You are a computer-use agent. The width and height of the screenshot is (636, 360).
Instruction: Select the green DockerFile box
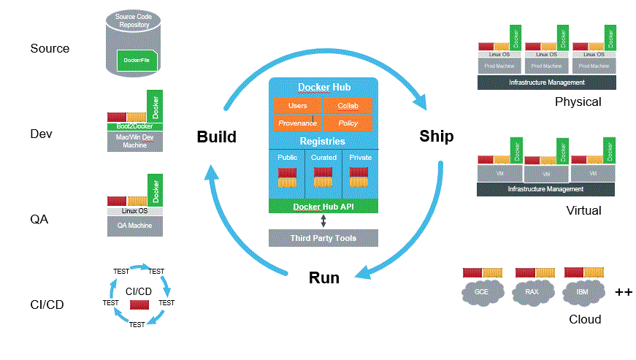[137, 60]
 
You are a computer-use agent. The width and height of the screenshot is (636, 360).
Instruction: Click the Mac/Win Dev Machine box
[134, 141]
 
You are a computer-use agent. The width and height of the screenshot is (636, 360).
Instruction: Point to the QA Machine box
[134, 226]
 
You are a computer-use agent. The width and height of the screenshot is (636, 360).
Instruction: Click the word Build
[216, 137]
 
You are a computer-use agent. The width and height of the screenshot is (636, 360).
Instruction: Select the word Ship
[436, 137]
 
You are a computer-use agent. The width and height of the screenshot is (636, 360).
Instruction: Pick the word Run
[324, 277]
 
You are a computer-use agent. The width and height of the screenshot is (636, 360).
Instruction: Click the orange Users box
[297, 106]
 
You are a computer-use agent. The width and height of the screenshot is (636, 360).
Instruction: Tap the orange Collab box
[348, 106]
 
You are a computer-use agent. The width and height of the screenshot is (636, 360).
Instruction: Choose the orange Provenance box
[297, 123]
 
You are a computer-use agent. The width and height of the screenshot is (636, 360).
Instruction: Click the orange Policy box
[348, 123]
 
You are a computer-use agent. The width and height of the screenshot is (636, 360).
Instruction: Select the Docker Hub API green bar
[323, 207]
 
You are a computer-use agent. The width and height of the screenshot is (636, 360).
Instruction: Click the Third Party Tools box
[323, 238]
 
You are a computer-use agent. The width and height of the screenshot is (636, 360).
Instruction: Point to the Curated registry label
[323, 157]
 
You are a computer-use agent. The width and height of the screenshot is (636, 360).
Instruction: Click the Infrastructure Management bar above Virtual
[546, 189]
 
